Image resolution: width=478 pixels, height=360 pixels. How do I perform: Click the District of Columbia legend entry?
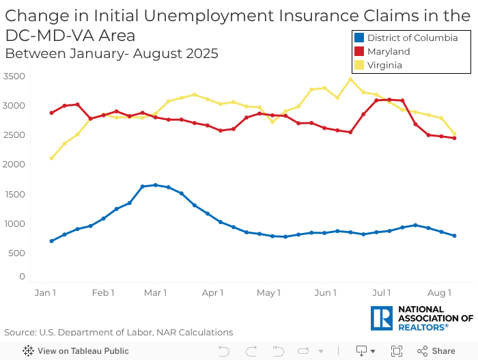(x=412, y=38)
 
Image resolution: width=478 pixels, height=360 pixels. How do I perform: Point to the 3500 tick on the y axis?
(x=14, y=76)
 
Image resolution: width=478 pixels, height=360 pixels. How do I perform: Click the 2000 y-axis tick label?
(x=14, y=165)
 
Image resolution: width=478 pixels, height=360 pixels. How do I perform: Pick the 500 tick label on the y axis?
(x=17, y=253)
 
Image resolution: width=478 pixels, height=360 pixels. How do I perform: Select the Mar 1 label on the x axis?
(x=156, y=293)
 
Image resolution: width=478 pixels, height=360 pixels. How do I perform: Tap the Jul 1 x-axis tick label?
(x=380, y=293)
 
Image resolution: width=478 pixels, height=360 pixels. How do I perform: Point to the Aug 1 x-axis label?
(x=440, y=293)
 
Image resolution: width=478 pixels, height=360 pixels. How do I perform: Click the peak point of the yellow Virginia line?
(x=350, y=79)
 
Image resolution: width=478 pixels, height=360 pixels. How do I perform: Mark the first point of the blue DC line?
(x=51, y=241)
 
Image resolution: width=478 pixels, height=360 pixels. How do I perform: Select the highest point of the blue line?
(x=156, y=185)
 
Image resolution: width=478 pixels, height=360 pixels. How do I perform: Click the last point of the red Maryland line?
(x=454, y=138)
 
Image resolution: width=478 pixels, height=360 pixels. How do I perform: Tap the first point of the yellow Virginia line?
(x=51, y=158)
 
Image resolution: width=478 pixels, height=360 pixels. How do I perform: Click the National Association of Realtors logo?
(x=421, y=318)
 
